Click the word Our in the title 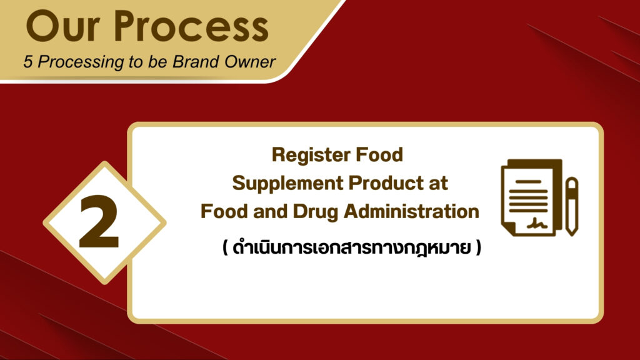click(x=63, y=26)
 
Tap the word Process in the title click(x=191, y=26)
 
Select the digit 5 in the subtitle click(x=27, y=62)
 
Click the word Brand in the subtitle click(x=191, y=62)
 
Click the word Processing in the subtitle click(x=81, y=62)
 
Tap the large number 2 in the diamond click(x=99, y=222)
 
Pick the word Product click(x=386, y=183)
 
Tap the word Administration click(x=411, y=211)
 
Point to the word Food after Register click(x=379, y=155)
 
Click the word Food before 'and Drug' click(x=224, y=211)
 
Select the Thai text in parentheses click(x=351, y=247)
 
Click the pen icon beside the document click(x=572, y=206)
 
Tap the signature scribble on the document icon click(x=537, y=223)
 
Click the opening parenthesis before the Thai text click(x=225, y=247)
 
